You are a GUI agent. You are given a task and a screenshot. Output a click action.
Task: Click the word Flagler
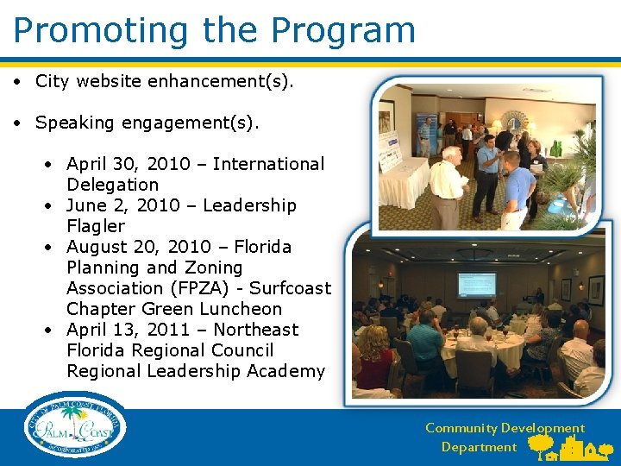pyautogui.click(x=96, y=226)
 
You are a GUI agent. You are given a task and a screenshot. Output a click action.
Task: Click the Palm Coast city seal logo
pyautogui.click(x=75, y=425)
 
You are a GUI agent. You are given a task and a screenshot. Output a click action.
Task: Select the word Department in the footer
pyautogui.click(x=479, y=447)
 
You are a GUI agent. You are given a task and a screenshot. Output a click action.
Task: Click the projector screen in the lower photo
pyautogui.click(x=476, y=285)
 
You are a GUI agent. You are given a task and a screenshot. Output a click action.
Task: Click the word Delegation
pyautogui.click(x=112, y=185)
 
